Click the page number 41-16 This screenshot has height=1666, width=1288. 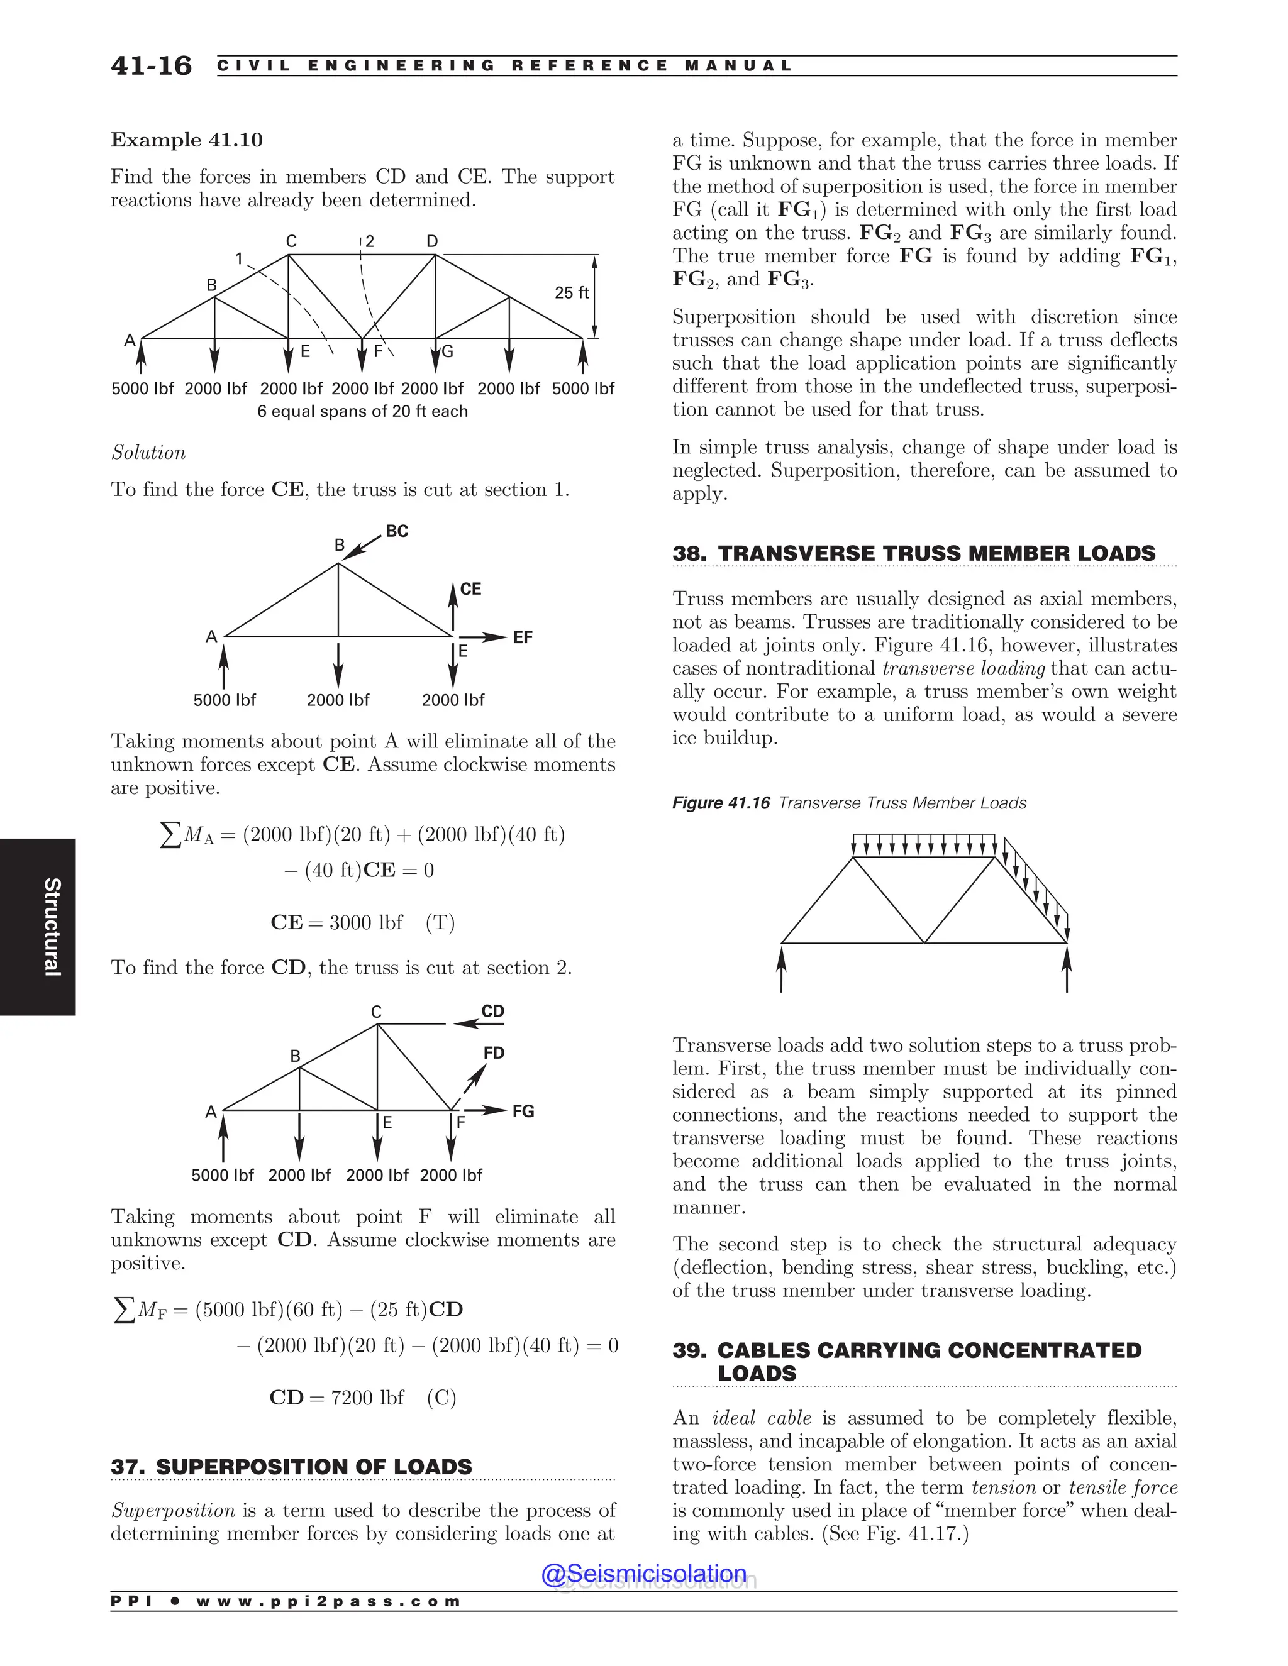click(151, 65)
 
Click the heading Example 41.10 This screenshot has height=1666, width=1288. click(187, 140)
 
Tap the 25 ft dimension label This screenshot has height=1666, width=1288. click(572, 293)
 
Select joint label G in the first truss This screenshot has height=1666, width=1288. click(448, 351)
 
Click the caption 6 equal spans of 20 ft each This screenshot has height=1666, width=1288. click(362, 411)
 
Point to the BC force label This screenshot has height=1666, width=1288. click(397, 531)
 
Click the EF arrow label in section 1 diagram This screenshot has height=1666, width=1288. click(523, 637)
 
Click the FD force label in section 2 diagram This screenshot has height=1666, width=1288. click(494, 1052)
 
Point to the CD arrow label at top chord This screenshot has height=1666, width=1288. click(493, 1011)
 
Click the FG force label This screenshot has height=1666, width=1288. click(523, 1111)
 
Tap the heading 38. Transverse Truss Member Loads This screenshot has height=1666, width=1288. click(913, 553)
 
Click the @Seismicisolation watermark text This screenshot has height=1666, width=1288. click(644, 1573)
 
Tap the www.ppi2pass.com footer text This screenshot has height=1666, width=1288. click(328, 1601)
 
